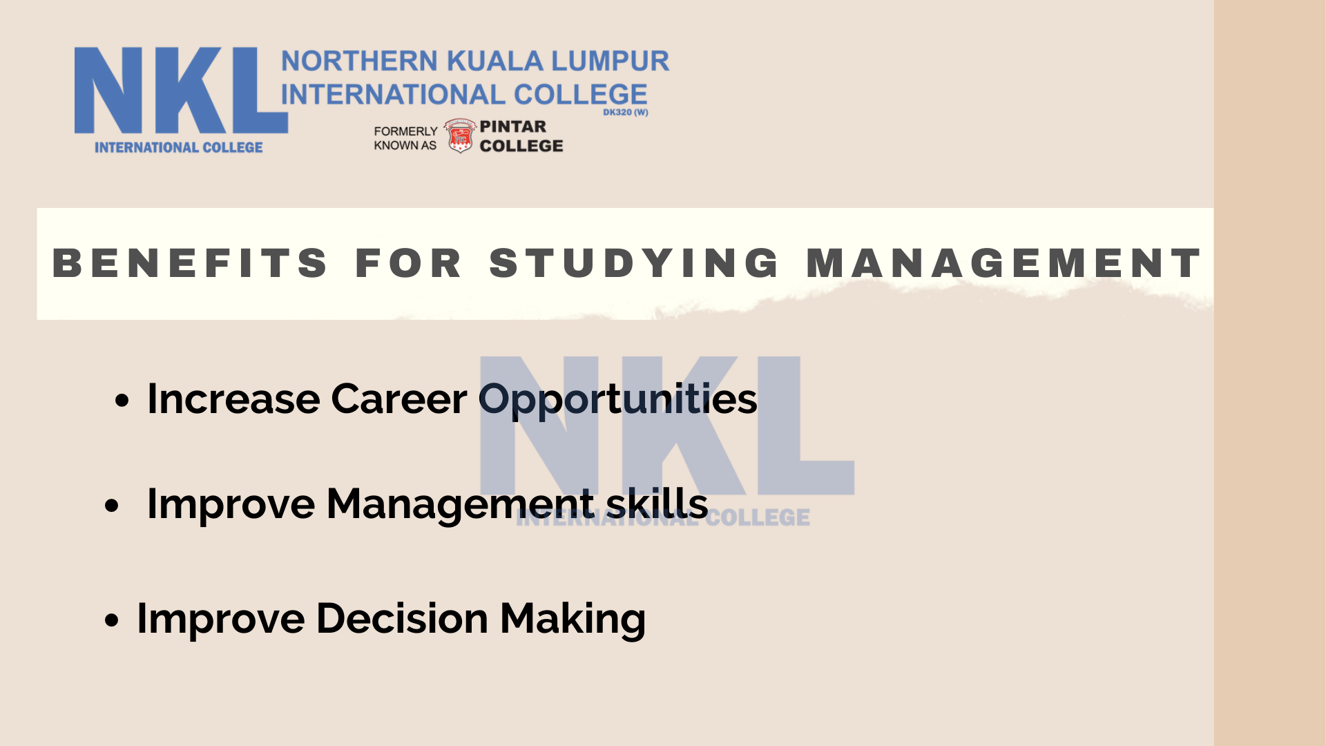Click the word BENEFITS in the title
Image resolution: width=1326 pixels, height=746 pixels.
pos(190,263)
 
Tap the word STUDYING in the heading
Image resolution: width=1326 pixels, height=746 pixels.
pos(635,263)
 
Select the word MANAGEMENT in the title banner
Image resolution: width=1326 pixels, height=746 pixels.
pos(1004,263)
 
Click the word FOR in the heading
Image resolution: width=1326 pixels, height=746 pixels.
pos(408,263)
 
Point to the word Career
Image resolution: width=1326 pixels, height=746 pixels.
pos(399,399)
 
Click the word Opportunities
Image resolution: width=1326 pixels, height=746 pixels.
pos(618,401)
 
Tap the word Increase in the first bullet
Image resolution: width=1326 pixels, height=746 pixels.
pos(234,399)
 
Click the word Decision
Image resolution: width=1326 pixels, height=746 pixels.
pos(403,618)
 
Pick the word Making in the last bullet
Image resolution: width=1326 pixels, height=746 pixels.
pos(573,619)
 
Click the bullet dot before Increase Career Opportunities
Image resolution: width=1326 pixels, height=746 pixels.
pos(122,401)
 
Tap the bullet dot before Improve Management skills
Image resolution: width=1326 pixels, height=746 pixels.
pos(111,506)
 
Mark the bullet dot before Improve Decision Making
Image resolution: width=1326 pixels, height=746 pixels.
pos(111,620)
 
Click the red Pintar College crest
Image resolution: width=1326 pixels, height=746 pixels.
pos(460,135)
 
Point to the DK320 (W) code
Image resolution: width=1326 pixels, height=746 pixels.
pos(626,113)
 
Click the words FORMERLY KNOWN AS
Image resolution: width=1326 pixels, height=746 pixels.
pos(406,138)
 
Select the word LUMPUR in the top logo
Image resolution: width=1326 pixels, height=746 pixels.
pos(611,61)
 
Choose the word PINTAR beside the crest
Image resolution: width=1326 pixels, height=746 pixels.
pos(513,126)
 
